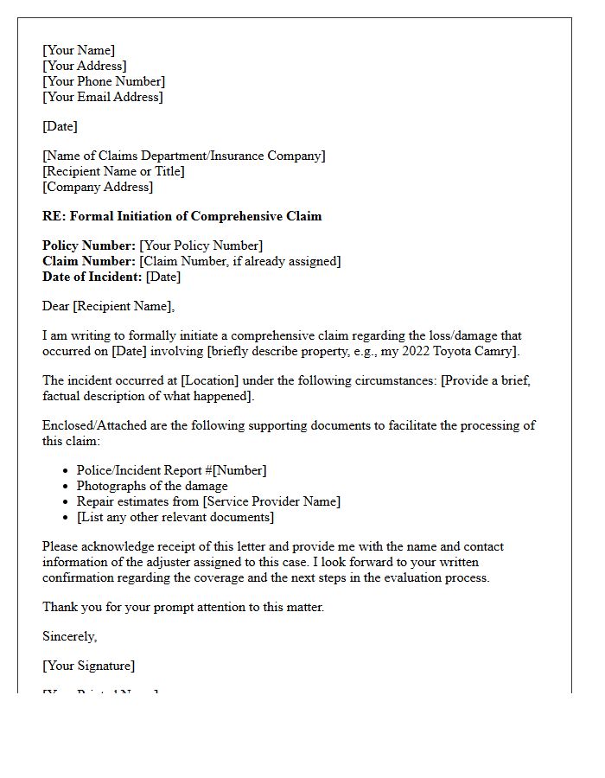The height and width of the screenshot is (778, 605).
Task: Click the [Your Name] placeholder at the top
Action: pos(79,50)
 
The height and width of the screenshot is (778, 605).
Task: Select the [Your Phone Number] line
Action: pos(104,81)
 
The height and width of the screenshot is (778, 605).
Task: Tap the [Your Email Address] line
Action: pos(102,97)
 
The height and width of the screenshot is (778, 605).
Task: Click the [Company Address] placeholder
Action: pos(98,187)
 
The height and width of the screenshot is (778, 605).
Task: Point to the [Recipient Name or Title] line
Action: pos(113,171)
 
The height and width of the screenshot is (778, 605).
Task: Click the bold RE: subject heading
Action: pos(181,216)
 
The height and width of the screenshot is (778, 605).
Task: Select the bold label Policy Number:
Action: pos(89,246)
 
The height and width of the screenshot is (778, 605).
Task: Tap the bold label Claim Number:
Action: pos(89,261)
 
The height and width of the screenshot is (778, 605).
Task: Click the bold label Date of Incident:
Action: pos(92,277)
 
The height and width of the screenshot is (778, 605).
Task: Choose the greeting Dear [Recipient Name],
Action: pos(108,306)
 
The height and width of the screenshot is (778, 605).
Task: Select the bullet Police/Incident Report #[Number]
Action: pos(171,470)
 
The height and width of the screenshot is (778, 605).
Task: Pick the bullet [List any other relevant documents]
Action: pos(175,517)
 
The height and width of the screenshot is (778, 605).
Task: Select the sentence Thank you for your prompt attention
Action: pos(183,607)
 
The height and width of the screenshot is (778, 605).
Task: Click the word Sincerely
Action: pos(70,636)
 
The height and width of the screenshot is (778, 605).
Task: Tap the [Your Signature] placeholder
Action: pos(88,666)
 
